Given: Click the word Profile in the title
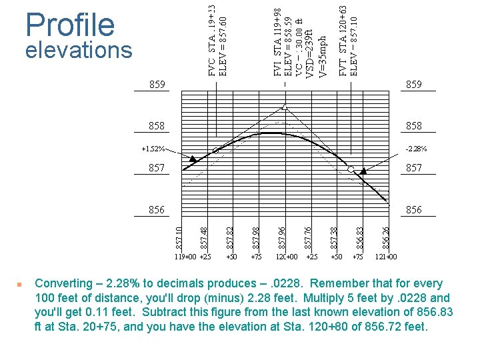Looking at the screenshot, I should click(x=70, y=25).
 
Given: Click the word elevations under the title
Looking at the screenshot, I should click(x=79, y=51).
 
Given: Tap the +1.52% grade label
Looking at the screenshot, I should click(x=153, y=149).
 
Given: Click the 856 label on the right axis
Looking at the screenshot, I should click(x=413, y=209).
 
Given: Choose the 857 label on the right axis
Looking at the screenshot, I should click(x=413, y=168).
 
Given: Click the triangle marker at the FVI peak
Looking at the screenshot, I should click(x=285, y=106).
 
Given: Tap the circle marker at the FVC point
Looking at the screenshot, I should click(x=216, y=151).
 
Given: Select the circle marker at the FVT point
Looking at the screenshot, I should click(x=351, y=169).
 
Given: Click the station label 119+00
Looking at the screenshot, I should click(x=186, y=256).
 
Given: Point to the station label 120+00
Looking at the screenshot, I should click(x=287, y=256).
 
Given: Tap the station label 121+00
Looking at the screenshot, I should click(x=386, y=256).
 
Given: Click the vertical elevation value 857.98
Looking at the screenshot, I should click(x=256, y=234).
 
